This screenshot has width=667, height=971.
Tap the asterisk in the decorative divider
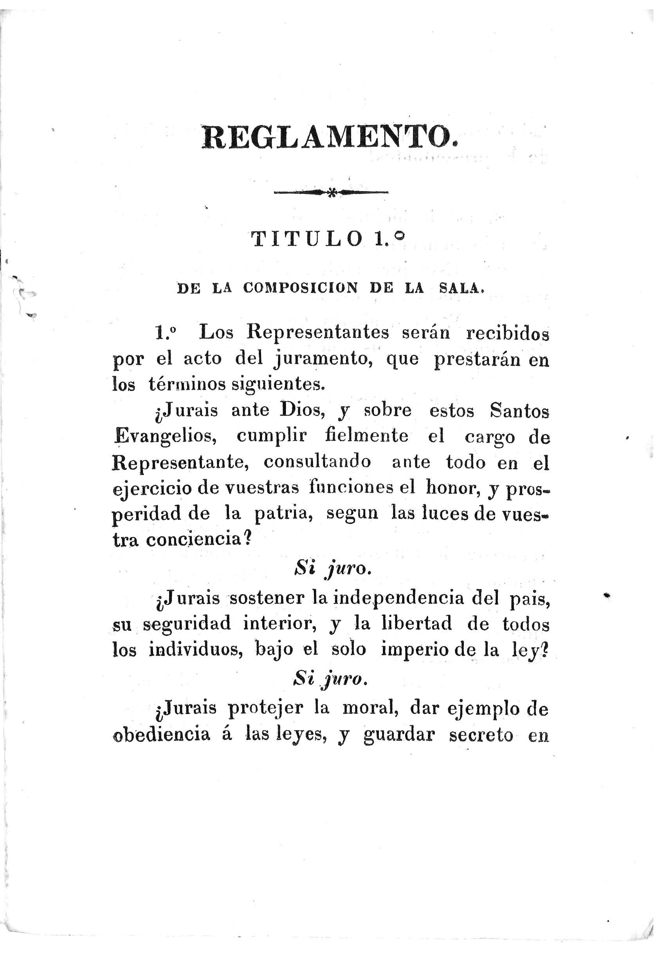coord(332,193)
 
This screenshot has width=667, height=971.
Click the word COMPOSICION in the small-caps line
coord(300,289)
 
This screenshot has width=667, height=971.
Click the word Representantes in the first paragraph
coord(318,333)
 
